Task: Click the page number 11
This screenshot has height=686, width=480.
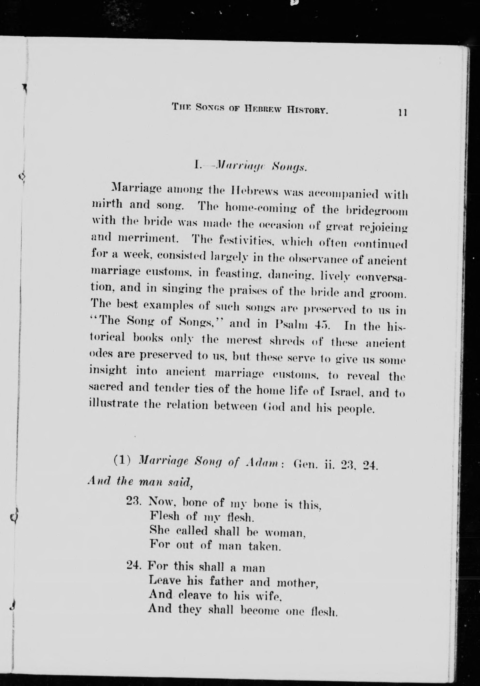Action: click(x=402, y=113)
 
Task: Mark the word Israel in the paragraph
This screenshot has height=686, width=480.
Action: click(x=346, y=392)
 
